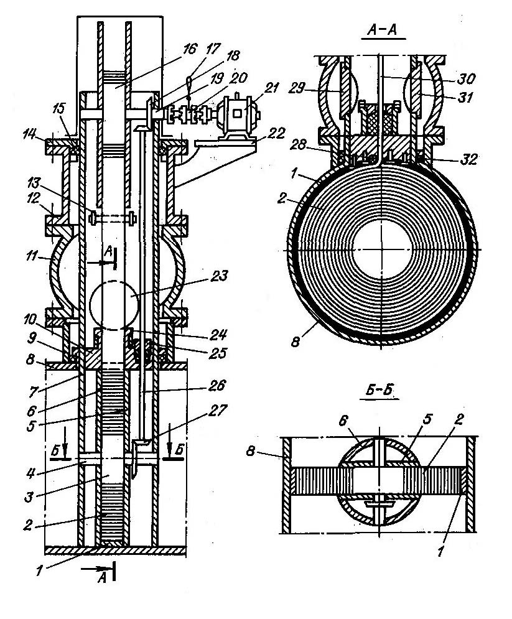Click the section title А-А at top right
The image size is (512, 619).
[383, 30]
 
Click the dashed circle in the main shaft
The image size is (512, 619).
[115, 305]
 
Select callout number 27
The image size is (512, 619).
[220, 411]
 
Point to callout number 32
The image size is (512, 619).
[469, 159]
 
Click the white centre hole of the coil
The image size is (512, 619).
[382, 250]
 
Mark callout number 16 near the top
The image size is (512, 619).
[189, 49]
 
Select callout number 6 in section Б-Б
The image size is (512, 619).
[343, 421]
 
